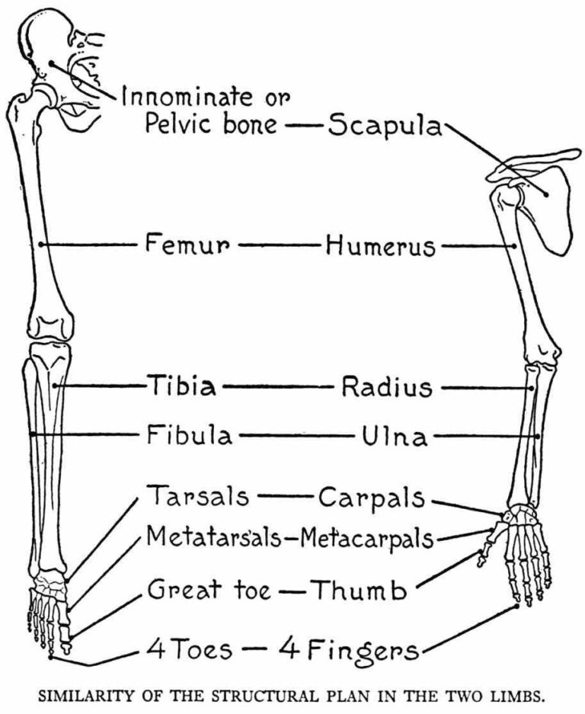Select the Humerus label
click(x=380, y=246)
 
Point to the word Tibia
click(x=181, y=386)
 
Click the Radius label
click(x=386, y=387)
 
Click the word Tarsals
click(x=197, y=496)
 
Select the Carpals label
click(x=371, y=498)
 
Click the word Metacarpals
click(x=366, y=539)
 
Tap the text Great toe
click(x=208, y=589)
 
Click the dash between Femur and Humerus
click(x=279, y=245)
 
